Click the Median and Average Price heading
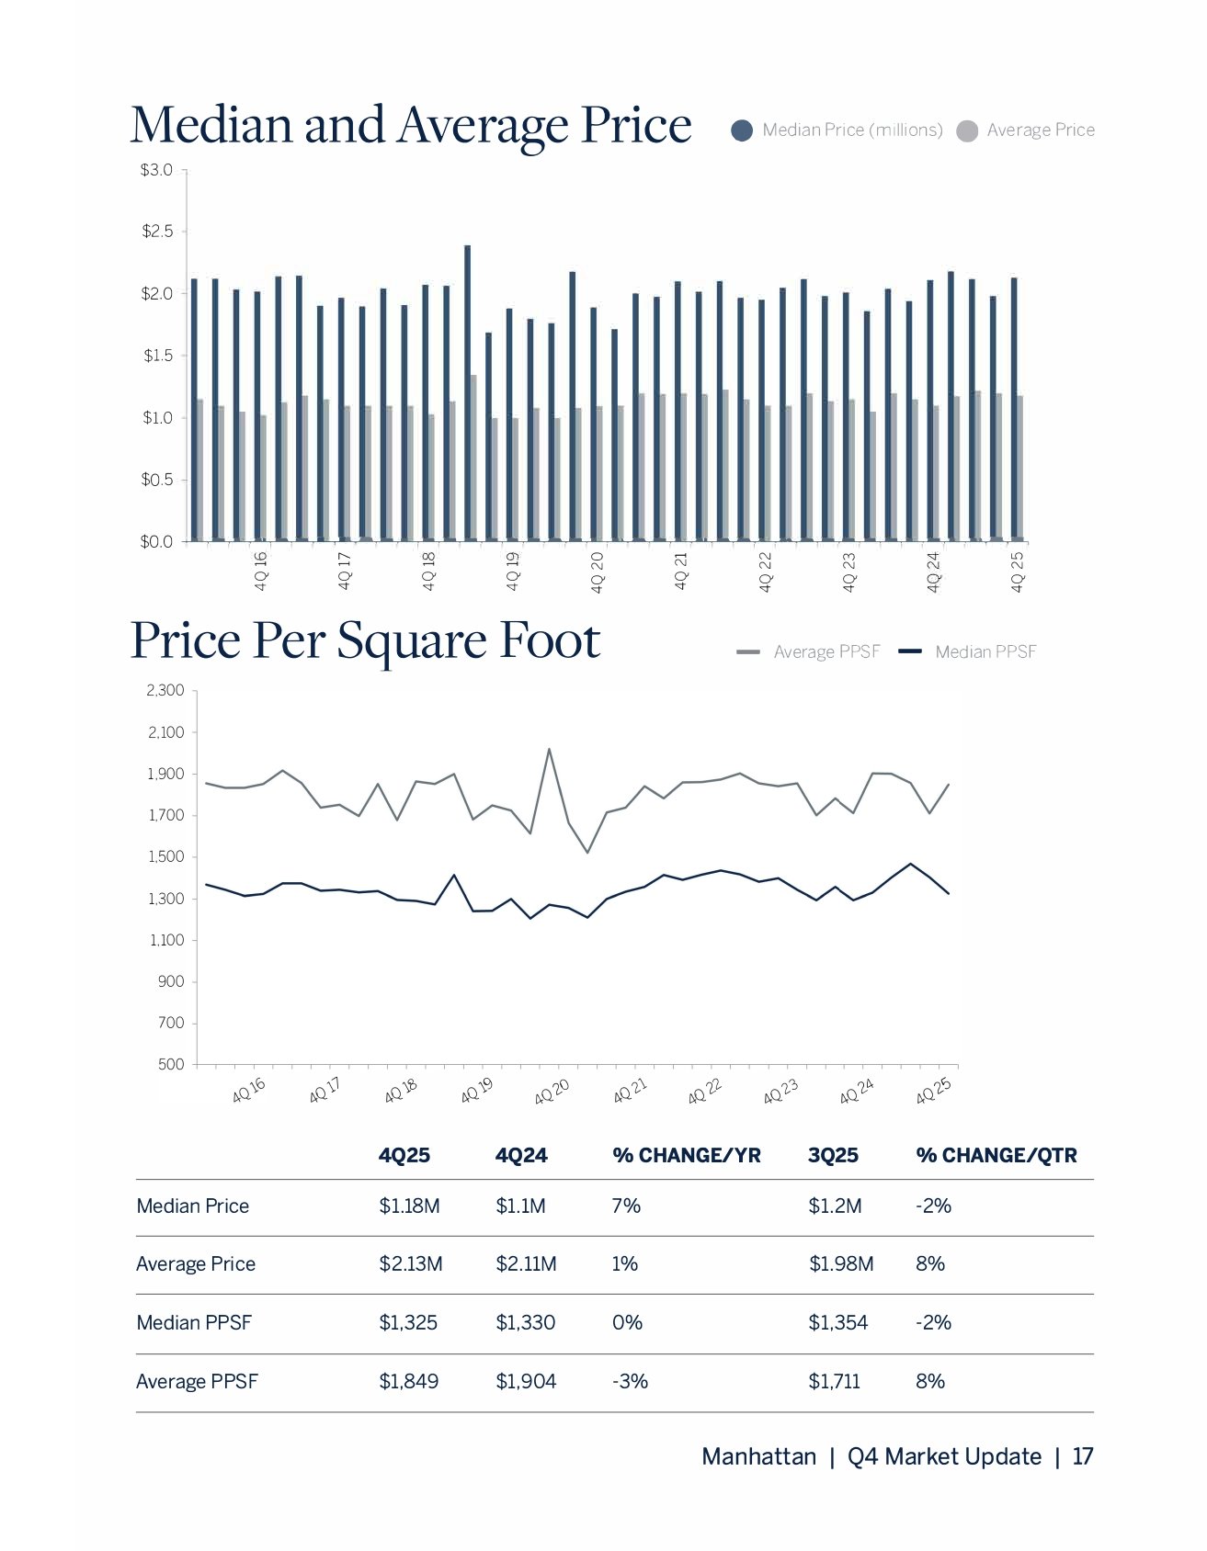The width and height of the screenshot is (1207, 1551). (410, 126)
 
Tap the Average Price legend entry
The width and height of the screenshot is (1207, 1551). (1026, 130)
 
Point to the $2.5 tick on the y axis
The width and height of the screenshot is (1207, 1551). (157, 232)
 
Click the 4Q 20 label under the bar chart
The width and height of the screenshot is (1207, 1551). (598, 572)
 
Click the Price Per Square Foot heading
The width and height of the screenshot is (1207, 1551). (365, 640)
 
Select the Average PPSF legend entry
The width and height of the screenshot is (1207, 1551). (809, 651)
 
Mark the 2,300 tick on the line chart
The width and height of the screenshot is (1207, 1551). (165, 690)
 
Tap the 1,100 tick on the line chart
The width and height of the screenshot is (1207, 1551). (165, 940)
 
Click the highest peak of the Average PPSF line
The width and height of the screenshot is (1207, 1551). (549, 749)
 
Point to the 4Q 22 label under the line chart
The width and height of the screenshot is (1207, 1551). (705, 1091)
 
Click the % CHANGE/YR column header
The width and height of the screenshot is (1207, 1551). (686, 1155)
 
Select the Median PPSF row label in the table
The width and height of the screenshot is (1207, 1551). (194, 1322)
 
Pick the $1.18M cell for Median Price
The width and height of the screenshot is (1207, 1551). (409, 1206)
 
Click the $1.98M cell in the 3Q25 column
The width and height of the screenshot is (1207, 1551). (840, 1263)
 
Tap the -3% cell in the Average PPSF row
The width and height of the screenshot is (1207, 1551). (630, 1381)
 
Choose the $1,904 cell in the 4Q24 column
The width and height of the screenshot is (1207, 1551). (525, 1381)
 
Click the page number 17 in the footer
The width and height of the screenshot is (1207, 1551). (1083, 1456)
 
